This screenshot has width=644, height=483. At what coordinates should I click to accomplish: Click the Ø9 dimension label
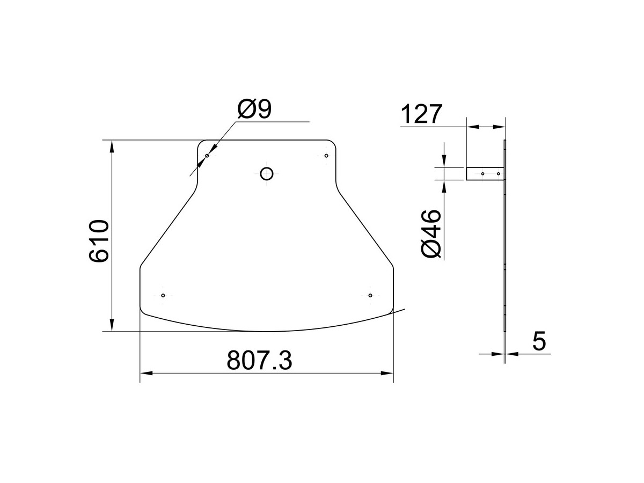coord(254,108)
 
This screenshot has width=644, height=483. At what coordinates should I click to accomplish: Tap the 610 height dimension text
coord(99,240)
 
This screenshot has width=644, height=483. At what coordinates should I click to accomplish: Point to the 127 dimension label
coord(421,114)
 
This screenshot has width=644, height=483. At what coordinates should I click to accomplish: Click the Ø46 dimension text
coord(431,234)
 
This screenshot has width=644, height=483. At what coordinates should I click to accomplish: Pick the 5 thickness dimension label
coord(539,341)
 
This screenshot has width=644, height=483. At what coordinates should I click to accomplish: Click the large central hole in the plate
coord(266,174)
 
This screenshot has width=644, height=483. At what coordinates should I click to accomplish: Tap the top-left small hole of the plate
coord(207,156)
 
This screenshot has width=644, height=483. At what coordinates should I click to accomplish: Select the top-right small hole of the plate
coord(326,156)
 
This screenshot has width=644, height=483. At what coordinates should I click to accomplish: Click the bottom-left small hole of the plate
coord(163,295)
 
